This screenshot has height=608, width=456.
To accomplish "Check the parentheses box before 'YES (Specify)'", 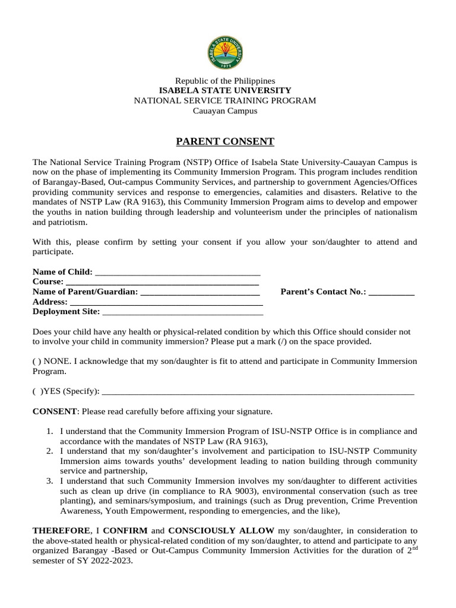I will [36, 391].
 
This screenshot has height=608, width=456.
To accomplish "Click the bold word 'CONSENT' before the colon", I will [54, 411].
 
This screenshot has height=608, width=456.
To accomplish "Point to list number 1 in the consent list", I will [50, 431].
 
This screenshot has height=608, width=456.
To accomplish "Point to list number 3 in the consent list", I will [50, 480].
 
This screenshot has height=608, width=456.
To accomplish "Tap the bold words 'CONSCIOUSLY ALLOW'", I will [221, 530].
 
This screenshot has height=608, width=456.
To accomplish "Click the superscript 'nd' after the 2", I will [413, 547].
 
